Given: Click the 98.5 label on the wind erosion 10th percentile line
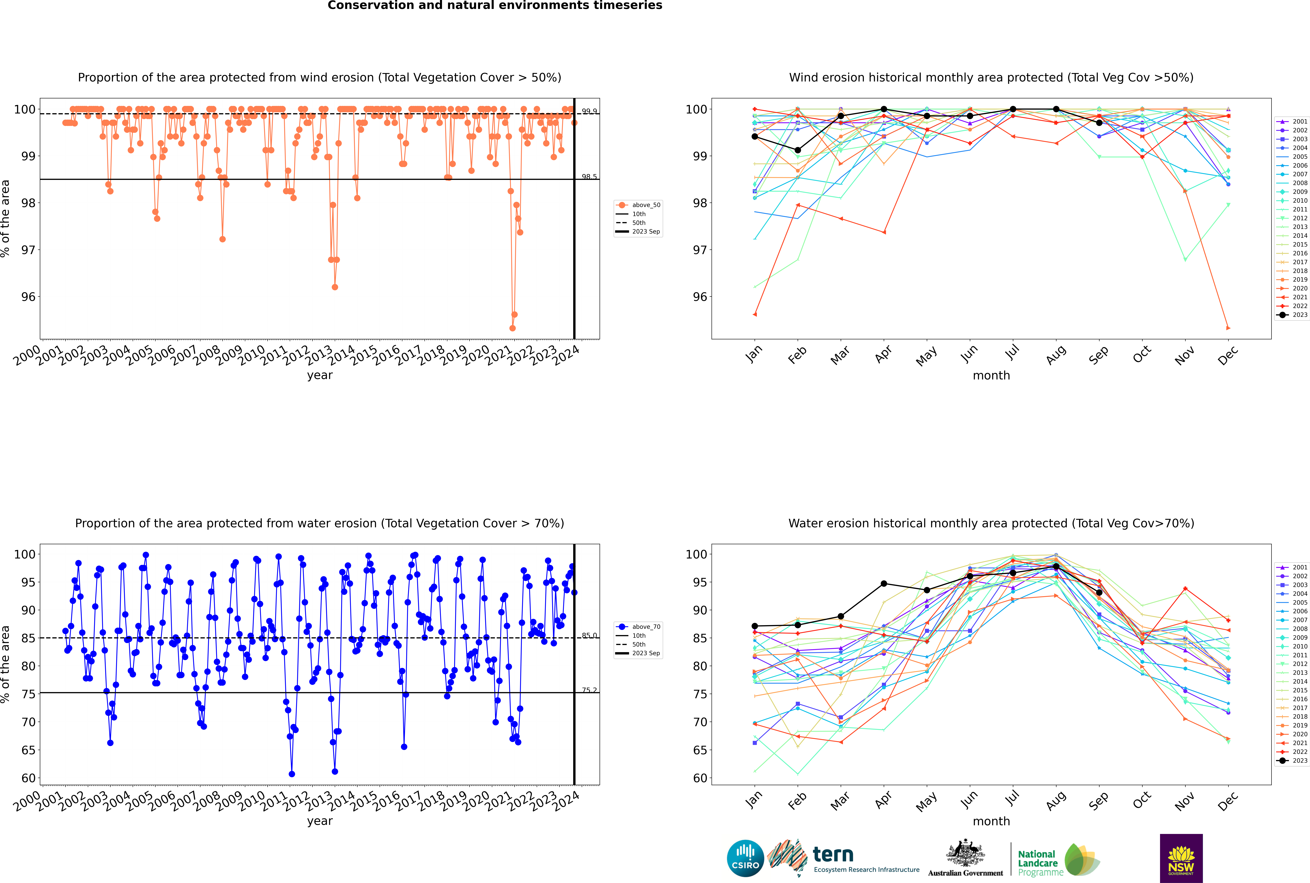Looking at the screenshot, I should (x=589, y=177).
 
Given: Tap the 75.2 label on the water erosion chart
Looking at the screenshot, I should (x=589, y=690).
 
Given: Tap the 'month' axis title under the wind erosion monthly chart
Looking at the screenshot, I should (x=991, y=376).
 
